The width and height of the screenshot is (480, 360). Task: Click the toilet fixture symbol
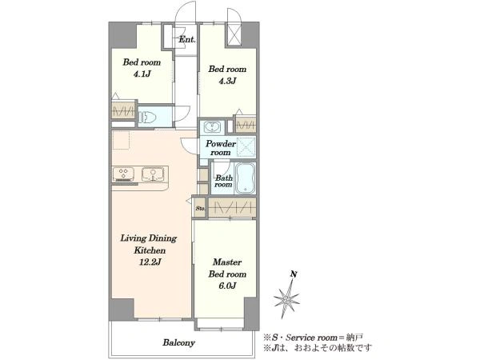click(x=148, y=118)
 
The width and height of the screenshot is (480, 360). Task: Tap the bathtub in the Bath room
click(x=245, y=178)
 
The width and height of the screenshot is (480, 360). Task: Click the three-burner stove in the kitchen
click(x=123, y=174)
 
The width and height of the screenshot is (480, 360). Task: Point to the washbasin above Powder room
click(x=211, y=127)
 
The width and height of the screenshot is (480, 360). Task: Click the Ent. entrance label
click(x=187, y=39)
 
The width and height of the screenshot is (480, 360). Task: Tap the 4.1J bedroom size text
click(x=142, y=74)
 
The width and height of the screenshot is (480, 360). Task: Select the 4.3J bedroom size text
click(x=227, y=81)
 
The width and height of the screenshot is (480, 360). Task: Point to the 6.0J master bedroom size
click(x=227, y=286)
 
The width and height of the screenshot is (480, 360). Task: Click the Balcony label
click(x=179, y=342)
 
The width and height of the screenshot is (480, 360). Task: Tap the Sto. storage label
click(x=200, y=209)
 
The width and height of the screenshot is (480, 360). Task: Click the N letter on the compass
click(x=294, y=274)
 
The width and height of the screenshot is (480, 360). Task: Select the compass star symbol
click(x=286, y=298)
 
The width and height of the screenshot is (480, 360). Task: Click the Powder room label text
click(x=221, y=148)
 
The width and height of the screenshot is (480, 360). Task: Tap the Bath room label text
click(x=224, y=181)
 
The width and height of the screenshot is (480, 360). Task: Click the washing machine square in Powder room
click(x=246, y=147)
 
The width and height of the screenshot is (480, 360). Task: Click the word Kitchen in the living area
click(x=150, y=250)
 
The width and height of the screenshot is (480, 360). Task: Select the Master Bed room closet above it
click(x=232, y=208)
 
